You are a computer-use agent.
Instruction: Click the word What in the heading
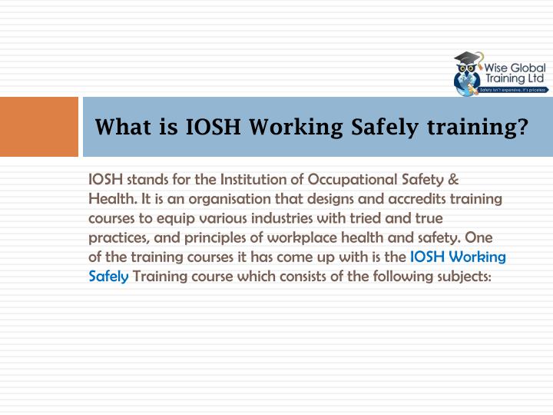coord(123,127)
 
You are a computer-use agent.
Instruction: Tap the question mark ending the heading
coord(522,127)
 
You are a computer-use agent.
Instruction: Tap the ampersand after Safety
coord(453,181)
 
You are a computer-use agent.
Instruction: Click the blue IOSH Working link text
coord(459,257)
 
